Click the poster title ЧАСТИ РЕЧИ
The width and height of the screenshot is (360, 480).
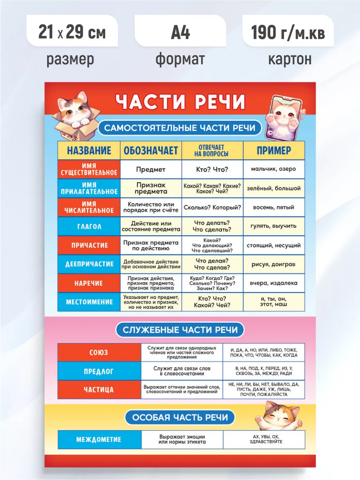180,102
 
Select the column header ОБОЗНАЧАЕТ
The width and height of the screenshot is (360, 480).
151,150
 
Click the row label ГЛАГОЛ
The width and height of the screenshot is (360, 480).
89,226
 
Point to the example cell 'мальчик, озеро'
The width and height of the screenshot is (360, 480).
274,169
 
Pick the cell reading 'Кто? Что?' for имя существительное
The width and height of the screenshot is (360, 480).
212,169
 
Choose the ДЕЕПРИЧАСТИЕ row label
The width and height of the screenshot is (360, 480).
89,264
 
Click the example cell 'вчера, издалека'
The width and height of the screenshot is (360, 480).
274,283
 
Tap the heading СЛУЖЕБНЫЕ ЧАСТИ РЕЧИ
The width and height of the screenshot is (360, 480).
180,330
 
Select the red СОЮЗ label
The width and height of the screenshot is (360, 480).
98,353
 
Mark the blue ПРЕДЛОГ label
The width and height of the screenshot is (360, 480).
98,371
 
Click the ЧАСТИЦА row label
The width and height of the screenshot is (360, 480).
98,390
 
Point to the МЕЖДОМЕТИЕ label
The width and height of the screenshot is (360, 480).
99,439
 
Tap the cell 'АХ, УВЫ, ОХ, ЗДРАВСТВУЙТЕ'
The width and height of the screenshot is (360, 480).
264,439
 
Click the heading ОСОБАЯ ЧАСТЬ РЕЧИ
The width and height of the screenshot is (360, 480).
180,418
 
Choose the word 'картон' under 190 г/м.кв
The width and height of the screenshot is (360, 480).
290,59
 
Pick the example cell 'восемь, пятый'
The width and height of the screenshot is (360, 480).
274,207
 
